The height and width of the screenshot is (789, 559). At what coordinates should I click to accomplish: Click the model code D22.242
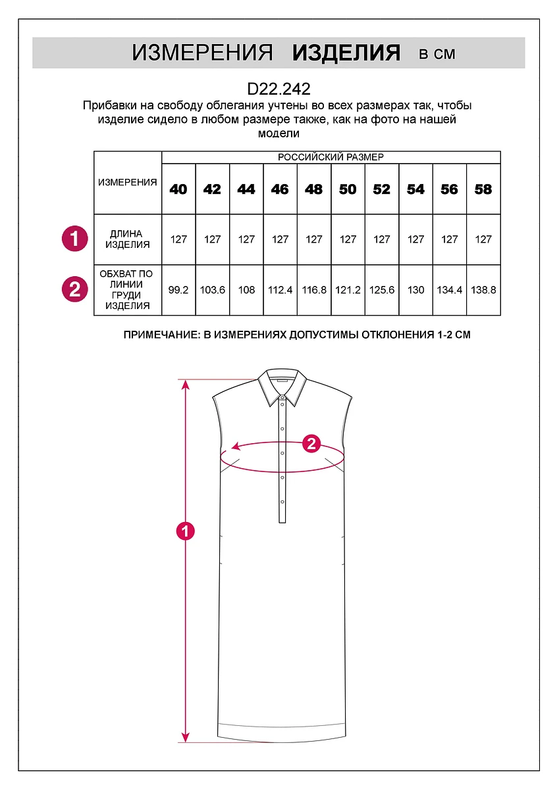pyautogui.click(x=279, y=89)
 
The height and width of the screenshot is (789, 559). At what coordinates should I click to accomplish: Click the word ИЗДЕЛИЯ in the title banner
pyautogui.click(x=346, y=53)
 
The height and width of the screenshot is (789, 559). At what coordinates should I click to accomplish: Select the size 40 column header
pyautogui.click(x=178, y=189)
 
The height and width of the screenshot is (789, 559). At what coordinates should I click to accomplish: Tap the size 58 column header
pyautogui.click(x=483, y=189)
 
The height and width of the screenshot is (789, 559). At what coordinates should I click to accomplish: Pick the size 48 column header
pyautogui.click(x=314, y=189)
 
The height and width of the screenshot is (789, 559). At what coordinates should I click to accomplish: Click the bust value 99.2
pyautogui.click(x=178, y=290)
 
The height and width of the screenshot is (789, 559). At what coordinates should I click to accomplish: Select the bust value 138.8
pyautogui.click(x=483, y=290)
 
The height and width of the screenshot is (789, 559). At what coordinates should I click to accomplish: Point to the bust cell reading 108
pyautogui.click(x=246, y=290)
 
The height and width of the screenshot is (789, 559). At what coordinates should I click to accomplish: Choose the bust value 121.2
pyautogui.click(x=348, y=290)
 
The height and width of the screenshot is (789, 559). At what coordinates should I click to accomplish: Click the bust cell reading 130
pyautogui.click(x=416, y=290)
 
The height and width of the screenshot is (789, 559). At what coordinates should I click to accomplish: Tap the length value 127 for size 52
pyautogui.click(x=382, y=239)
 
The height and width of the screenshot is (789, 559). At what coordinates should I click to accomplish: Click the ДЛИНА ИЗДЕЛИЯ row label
pyautogui.click(x=126, y=239)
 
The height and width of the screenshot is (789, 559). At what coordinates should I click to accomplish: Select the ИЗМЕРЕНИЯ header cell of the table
pyautogui.click(x=128, y=183)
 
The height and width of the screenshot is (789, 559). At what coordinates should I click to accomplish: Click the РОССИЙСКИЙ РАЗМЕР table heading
pyautogui.click(x=331, y=157)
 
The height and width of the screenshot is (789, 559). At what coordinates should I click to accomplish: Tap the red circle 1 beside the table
pyautogui.click(x=74, y=238)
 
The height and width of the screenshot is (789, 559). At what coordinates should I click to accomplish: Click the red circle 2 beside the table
pyautogui.click(x=74, y=289)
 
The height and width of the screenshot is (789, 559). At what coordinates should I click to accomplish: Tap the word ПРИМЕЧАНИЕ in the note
pyautogui.click(x=160, y=335)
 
